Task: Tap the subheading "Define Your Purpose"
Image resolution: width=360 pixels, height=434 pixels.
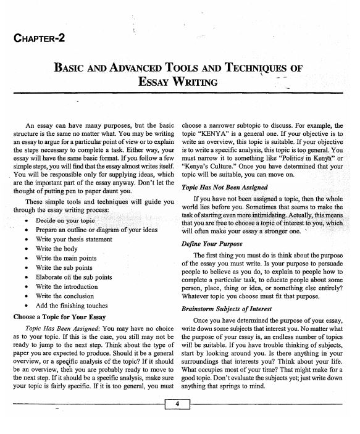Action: [x=212, y=261]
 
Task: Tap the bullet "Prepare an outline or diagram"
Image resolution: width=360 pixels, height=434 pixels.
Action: [x=91, y=229]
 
